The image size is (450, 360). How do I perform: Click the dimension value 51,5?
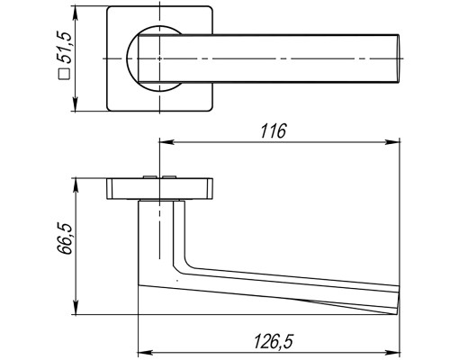click(x=65, y=47)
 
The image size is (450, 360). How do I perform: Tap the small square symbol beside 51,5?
click(x=65, y=74)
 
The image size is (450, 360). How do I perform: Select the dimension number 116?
click(x=273, y=130)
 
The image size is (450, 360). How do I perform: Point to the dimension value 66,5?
click(x=65, y=238)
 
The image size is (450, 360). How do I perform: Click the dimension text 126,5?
click(x=273, y=342)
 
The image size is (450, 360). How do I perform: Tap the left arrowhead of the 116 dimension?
click(x=166, y=141)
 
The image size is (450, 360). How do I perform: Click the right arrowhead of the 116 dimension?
click(x=392, y=141)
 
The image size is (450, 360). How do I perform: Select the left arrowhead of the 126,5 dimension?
click(x=145, y=353)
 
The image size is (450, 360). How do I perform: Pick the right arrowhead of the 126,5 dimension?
click(x=392, y=353)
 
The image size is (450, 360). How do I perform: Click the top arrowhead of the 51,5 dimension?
click(x=75, y=13)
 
